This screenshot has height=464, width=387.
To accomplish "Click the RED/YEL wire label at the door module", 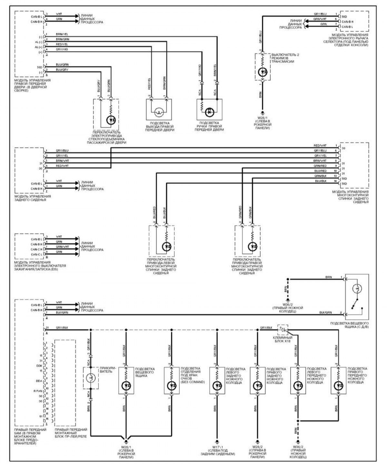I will coord(62,44).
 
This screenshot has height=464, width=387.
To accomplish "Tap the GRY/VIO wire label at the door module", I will coord(62,49).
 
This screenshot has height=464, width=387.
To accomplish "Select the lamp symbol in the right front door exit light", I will coord(158,112).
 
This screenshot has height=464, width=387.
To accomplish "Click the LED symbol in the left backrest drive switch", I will coord(166,247).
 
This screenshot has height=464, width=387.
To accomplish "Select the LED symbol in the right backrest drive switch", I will coord(253,247).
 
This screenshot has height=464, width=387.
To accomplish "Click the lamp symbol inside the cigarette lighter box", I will coord(91,377).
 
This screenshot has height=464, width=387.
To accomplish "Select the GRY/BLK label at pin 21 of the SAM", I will coord(62,328).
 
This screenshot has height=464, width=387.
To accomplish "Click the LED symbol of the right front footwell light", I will coord(338,385).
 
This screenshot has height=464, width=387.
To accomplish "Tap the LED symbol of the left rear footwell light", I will coord(217,385).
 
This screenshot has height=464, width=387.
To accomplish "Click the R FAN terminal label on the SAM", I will coord(38,391).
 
